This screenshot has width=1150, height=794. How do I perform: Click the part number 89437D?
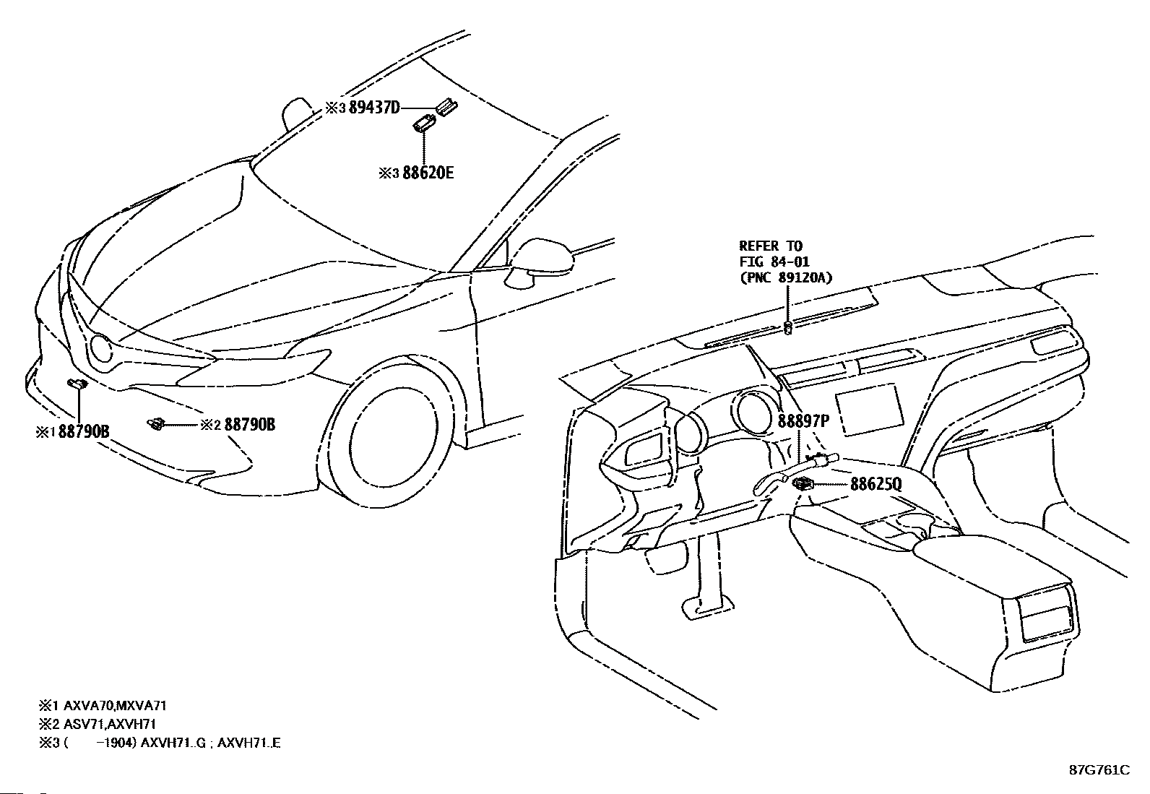point(374,108)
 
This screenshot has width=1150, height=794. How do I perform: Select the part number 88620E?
point(428,173)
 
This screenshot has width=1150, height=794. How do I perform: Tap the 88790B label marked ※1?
point(84,432)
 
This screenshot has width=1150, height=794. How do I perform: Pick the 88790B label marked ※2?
point(249,425)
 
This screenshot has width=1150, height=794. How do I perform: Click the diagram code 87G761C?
point(1099,770)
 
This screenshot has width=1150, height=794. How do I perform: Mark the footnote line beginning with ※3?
point(160,743)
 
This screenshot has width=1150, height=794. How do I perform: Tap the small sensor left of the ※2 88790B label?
point(155,423)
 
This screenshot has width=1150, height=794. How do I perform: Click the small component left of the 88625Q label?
point(803,484)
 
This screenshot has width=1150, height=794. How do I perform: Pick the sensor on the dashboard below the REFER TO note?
point(788,329)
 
